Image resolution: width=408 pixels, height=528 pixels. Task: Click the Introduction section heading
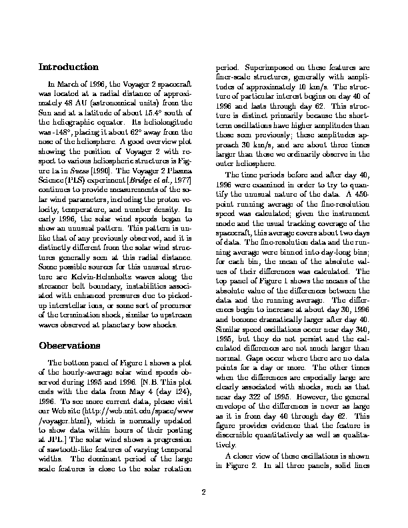pos(69,67)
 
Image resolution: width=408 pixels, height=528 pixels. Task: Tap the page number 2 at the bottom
pos(204,493)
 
